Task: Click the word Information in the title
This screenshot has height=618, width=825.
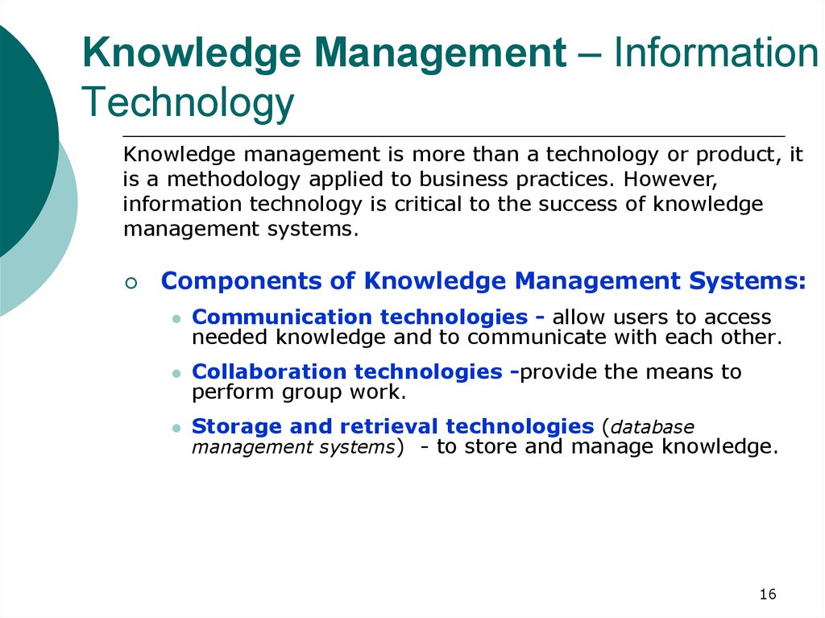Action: coord(716,52)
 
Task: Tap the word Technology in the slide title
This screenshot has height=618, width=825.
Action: coord(188,103)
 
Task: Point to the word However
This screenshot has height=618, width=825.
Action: coord(670,180)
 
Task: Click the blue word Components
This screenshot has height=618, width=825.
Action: coord(242,281)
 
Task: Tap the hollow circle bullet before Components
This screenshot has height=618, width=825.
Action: coord(131,283)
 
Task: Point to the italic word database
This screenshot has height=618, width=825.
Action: coord(652,427)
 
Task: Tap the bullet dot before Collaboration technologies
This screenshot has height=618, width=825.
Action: coord(176,374)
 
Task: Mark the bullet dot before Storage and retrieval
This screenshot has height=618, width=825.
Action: coord(176,429)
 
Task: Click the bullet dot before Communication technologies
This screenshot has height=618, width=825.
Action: coord(176,319)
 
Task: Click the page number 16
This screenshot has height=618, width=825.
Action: coord(768,595)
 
